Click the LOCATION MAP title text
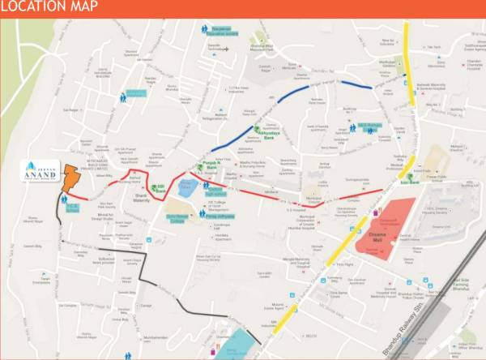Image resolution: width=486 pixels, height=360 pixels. [x=50, y=8]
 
